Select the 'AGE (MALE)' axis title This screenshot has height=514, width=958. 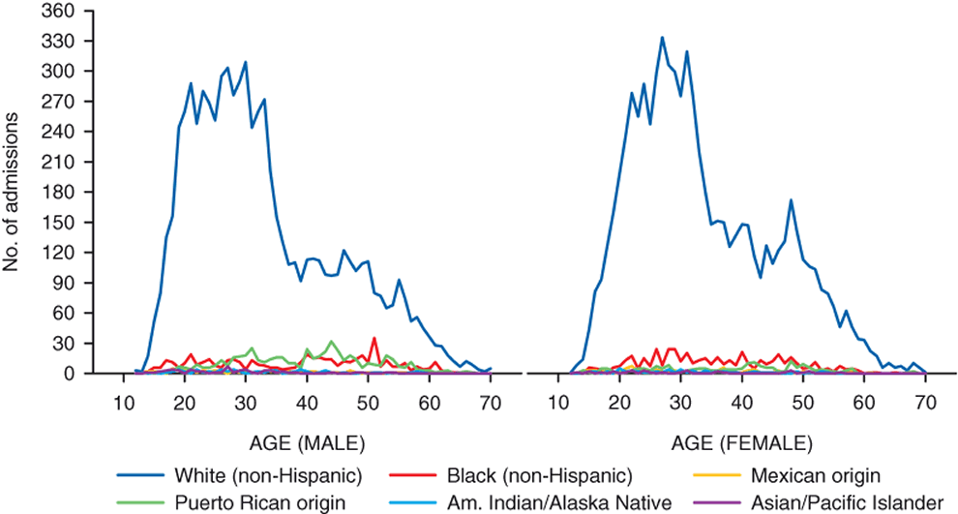(307, 444)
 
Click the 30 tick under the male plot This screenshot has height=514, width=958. (246, 403)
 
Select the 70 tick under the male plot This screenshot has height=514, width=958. (491, 403)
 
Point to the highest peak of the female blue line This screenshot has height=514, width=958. (662, 38)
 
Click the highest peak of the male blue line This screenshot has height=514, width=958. (246, 62)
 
